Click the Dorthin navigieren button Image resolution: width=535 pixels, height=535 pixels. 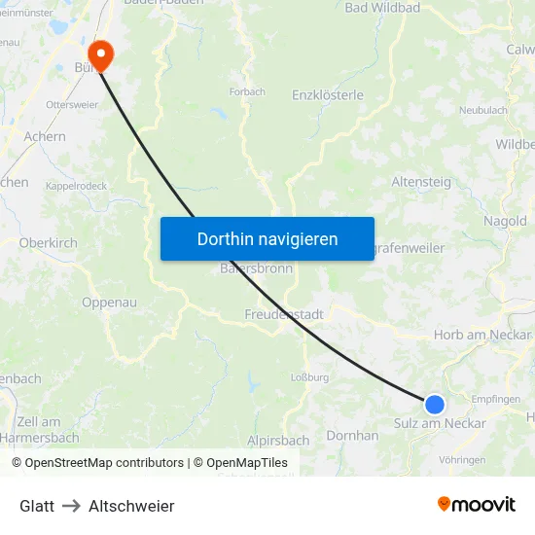[x=267, y=238]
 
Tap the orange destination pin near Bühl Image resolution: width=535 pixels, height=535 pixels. [x=100, y=54]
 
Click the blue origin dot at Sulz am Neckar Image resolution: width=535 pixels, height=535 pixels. [x=435, y=404]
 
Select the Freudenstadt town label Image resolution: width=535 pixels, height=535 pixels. [x=284, y=315]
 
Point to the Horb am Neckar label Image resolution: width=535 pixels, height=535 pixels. [x=482, y=335]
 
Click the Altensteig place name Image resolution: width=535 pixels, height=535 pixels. [x=420, y=182]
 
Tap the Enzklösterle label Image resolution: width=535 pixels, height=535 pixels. [x=328, y=95]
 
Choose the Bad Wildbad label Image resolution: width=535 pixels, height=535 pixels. [x=382, y=8]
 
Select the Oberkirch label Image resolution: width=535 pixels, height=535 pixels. [x=48, y=242]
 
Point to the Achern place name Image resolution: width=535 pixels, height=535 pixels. [x=45, y=137]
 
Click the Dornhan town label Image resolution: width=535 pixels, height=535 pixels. [x=352, y=436]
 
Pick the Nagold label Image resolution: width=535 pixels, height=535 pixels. [x=505, y=221]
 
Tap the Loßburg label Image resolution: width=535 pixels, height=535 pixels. [x=310, y=377]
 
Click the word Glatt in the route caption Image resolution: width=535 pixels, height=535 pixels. [x=37, y=506]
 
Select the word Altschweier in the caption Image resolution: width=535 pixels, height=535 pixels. [x=131, y=506]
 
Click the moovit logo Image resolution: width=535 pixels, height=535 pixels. [x=477, y=504]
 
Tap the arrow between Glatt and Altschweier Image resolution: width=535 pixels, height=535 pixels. [x=71, y=506]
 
